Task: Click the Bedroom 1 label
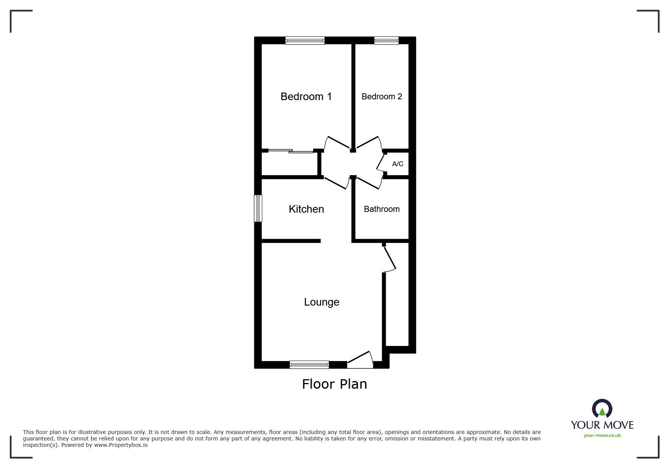[x=306, y=97]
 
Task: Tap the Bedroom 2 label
[x=382, y=97]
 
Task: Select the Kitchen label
[x=306, y=209]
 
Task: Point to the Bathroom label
[x=382, y=209]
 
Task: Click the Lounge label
[x=321, y=302]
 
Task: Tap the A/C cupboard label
[x=397, y=164]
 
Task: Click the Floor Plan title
[x=334, y=384]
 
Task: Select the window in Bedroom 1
[x=305, y=40]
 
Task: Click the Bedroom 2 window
[x=386, y=40]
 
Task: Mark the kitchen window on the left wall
[x=258, y=208]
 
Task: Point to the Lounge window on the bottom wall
[x=309, y=365]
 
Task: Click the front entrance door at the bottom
[x=360, y=361]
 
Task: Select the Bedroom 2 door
[x=368, y=143]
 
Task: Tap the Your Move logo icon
[x=602, y=409]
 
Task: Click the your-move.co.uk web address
[x=602, y=436]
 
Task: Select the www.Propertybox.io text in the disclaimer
[x=121, y=445]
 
